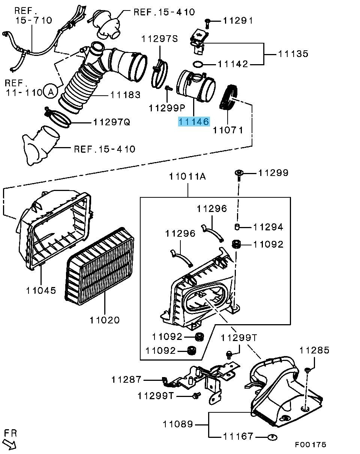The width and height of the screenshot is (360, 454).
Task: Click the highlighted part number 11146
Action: tap(193, 122)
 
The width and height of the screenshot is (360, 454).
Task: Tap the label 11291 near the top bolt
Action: tap(238, 21)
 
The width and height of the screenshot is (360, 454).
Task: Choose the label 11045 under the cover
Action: tap(41, 290)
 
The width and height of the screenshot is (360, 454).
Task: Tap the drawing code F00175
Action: tap(310, 445)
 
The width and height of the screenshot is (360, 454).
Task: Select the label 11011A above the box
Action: tap(187, 176)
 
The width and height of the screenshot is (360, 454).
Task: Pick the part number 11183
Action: tap(126, 95)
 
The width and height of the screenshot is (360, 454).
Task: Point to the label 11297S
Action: tap(160, 39)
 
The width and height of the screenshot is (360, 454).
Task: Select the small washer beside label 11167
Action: tap(273, 436)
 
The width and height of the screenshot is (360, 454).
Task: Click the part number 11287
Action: tap(126, 379)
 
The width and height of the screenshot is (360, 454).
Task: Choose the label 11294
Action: tap(268, 227)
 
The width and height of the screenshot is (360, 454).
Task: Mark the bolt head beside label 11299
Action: tap(238, 173)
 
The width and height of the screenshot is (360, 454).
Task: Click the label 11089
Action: tap(178, 424)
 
